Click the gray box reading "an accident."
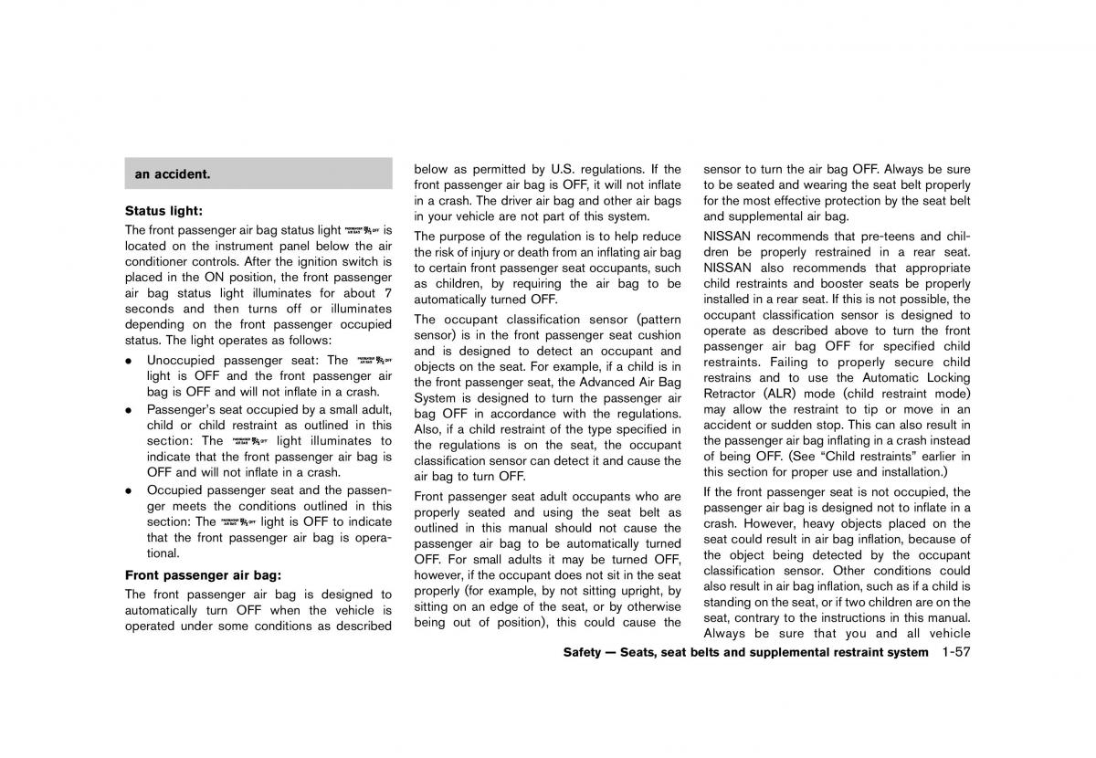click(x=258, y=174)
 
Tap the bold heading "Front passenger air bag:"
click(x=203, y=575)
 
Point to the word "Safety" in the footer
click(x=583, y=652)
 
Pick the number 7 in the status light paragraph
click(x=387, y=293)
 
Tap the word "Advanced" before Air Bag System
click(x=610, y=383)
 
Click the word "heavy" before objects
click(x=798, y=523)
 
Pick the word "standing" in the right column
click(x=731, y=602)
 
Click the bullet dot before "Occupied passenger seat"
click(x=130, y=490)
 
